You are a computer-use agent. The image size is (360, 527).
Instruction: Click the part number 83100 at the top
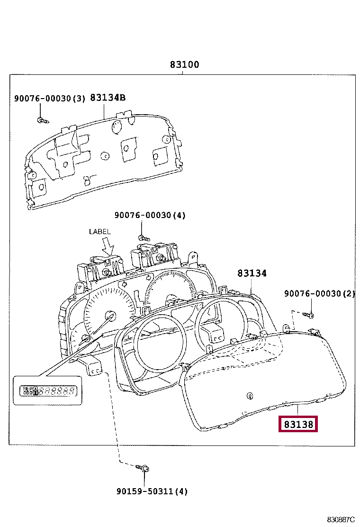click(185, 65)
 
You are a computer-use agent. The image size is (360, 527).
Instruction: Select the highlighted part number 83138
click(298, 424)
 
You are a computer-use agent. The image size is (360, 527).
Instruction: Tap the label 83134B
click(108, 98)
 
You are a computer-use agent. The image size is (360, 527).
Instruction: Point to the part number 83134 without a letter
click(252, 273)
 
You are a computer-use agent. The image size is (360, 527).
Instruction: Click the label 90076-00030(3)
click(49, 99)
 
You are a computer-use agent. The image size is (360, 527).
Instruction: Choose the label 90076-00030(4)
click(150, 215)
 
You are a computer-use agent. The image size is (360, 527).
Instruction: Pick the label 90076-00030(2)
click(319, 294)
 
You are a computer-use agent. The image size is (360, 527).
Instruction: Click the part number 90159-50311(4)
click(152, 491)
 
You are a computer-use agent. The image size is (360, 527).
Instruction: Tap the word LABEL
click(99, 231)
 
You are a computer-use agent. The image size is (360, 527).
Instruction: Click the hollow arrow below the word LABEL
click(108, 246)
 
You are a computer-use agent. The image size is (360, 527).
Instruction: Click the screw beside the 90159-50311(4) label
click(143, 468)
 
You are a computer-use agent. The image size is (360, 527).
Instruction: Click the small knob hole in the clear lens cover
click(249, 395)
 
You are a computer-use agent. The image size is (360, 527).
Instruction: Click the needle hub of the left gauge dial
click(110, 316)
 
